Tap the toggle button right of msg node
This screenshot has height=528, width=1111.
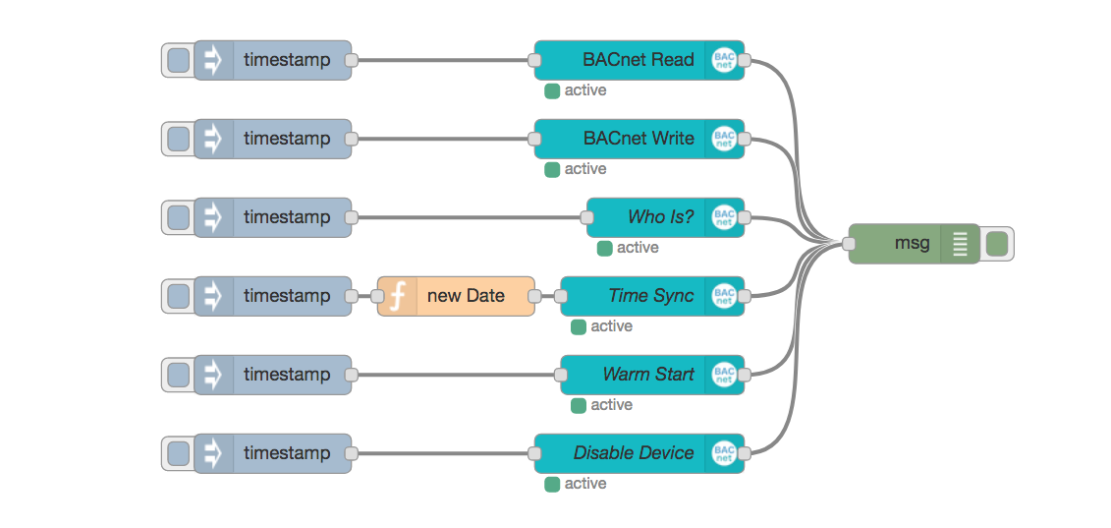(996, 244)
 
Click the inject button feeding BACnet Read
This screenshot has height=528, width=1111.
(178, 60)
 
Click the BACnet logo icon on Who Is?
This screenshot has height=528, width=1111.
(724, 217)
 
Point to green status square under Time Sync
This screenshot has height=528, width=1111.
(579, 326)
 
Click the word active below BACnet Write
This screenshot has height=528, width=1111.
(585, 169)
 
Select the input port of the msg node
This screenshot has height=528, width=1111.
(849, 244)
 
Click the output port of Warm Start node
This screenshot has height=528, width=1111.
(744, 375)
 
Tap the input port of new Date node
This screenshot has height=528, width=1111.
(377, 296)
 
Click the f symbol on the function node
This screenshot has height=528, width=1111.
(398, 296)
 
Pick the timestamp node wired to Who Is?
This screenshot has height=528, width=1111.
(285, 217)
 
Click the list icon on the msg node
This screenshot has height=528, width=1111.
(960, 244)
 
